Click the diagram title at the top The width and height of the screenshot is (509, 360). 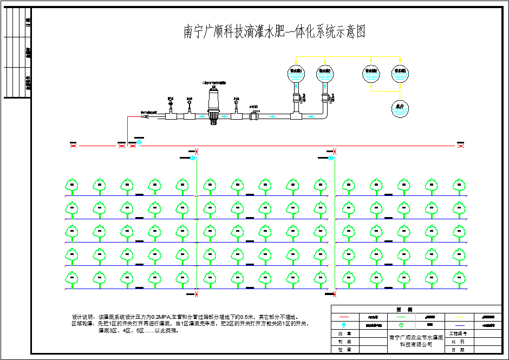[x=275, y=32]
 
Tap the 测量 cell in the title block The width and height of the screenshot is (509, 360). [x=344, y=334]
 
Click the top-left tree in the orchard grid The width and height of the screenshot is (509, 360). [x=70, y=186]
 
